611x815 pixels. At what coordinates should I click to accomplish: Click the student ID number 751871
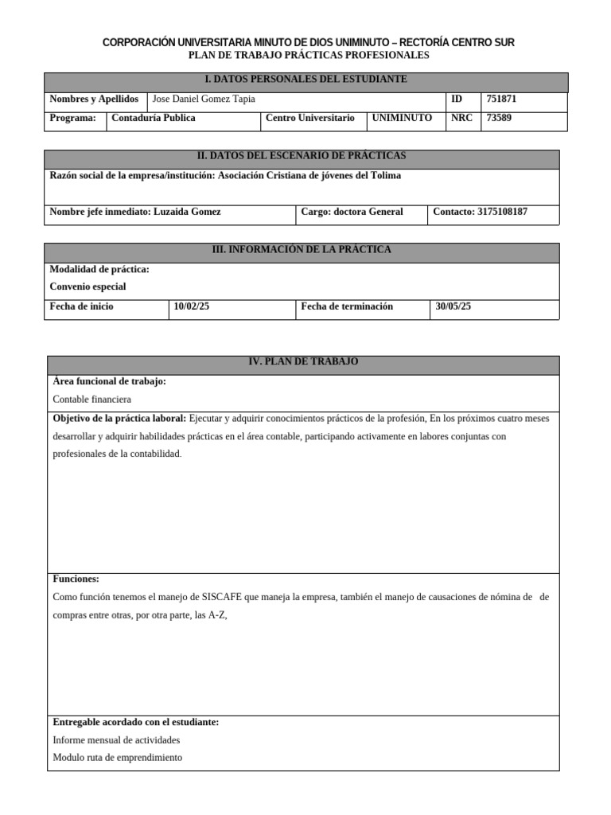[x=501, y=99]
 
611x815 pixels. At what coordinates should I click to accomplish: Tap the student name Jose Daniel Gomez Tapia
[x=204, y=99]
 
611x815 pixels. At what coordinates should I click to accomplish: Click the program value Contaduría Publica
[x=154, y=118]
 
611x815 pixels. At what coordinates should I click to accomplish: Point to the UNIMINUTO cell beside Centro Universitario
[x=403, y=118]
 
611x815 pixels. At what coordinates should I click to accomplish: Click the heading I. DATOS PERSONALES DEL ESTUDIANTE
[x=305, y=80]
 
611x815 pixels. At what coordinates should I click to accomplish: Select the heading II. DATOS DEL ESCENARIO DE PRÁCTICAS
[x=302, y=155]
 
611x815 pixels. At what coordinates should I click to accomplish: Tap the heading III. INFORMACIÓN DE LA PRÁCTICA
[x=302, y=250]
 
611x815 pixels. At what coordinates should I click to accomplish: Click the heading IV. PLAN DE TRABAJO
[x=303, y=362]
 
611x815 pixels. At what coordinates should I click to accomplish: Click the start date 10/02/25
[x=191, y=307]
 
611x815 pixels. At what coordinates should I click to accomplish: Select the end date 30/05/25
[x=453, y=307]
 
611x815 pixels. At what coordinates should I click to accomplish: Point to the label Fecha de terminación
[x=347, y=307]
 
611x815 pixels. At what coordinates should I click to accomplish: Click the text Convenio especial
[x=88, y=287]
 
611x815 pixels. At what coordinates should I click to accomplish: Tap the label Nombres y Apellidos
[x=94, y=99]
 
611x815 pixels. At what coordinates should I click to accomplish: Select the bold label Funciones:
[x=76, y=579]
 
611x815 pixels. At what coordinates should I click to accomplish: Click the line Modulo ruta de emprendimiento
[x=117, y=758]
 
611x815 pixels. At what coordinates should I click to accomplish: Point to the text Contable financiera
[x=91, y=400]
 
